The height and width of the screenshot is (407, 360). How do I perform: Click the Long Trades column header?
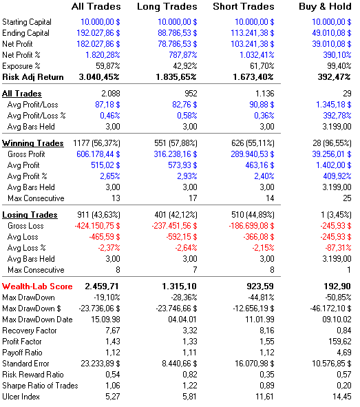(x=167, y=7)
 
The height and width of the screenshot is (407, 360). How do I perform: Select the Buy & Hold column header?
(x=325, y=6)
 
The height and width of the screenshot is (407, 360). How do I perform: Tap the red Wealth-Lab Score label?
(x=37, y=286)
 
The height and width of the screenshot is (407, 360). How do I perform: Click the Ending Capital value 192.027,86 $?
(x=98, y=33)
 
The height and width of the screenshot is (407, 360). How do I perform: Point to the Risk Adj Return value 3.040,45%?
(x=99, y=77)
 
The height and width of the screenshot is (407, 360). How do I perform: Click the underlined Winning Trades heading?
(x=32, y=143)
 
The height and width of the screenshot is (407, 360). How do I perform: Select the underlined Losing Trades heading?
(x=30, y=215)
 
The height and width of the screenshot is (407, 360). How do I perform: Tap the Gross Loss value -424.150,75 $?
(x=98, y=226)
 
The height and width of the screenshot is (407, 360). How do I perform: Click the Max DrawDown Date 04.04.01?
(x=182, y=320)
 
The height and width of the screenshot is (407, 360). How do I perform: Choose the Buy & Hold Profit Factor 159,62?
(x=340, y=342)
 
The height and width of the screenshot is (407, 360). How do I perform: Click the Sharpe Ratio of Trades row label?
(x=40, y=386)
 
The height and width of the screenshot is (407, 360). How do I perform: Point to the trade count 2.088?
(x=111, y=94)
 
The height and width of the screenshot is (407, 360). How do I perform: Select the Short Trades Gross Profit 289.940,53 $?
(x=253, y=154)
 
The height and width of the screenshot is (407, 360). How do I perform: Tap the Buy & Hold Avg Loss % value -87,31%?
(x=338, y=248)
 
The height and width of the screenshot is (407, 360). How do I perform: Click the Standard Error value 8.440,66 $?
(x=180, y=364)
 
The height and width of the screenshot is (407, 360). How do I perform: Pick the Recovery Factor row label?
(x=30, y=331)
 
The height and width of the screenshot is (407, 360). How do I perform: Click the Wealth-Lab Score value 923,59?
(x=260, y=286)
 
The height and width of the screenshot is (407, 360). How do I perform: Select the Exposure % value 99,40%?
(x=339, y=66)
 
